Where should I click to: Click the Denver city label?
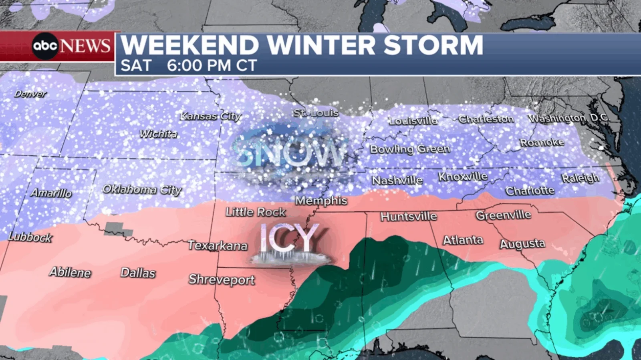[30, 94]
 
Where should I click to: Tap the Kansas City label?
[210, 116]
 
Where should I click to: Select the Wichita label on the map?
[158, 134]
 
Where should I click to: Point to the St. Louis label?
[316, 113]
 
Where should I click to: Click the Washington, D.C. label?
[568, 118]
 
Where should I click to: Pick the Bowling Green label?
[409, 149]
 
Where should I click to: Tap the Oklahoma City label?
[142, 189]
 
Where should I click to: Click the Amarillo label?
[51, 193]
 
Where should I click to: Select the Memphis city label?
[321, 201]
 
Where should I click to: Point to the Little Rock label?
[256, 212]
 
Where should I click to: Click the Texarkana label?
[218, 245]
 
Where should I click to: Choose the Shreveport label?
[222, 280]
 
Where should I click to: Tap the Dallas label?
[138, 273]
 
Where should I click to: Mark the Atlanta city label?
[463, 240]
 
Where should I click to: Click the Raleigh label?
[580, 178]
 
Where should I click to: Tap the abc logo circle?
[45, 46]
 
